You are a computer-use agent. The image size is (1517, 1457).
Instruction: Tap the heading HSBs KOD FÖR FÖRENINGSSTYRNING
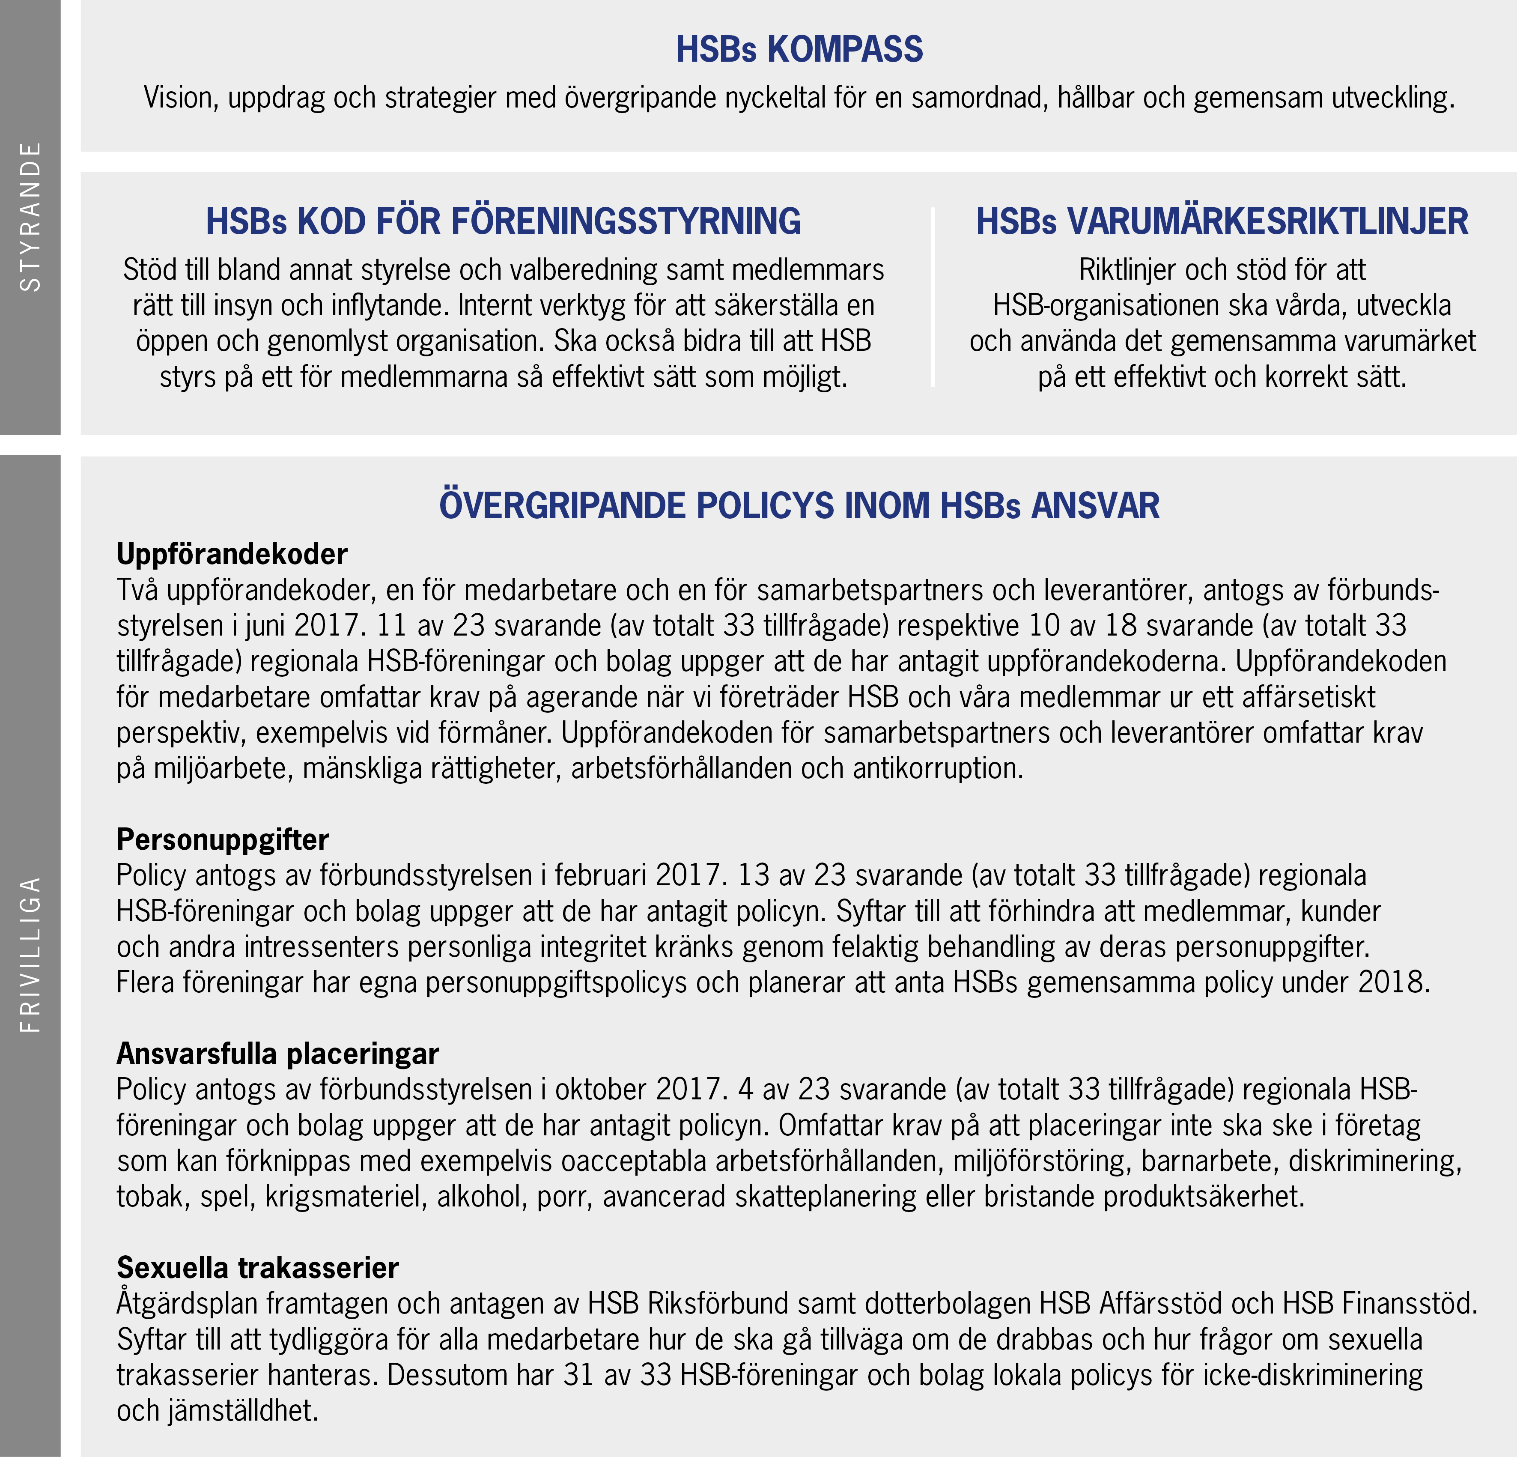[503, 221]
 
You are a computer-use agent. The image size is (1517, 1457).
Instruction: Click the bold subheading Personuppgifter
[223, 839]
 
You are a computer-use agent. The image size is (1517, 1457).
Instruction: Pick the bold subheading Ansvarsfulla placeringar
[278, 1054]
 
